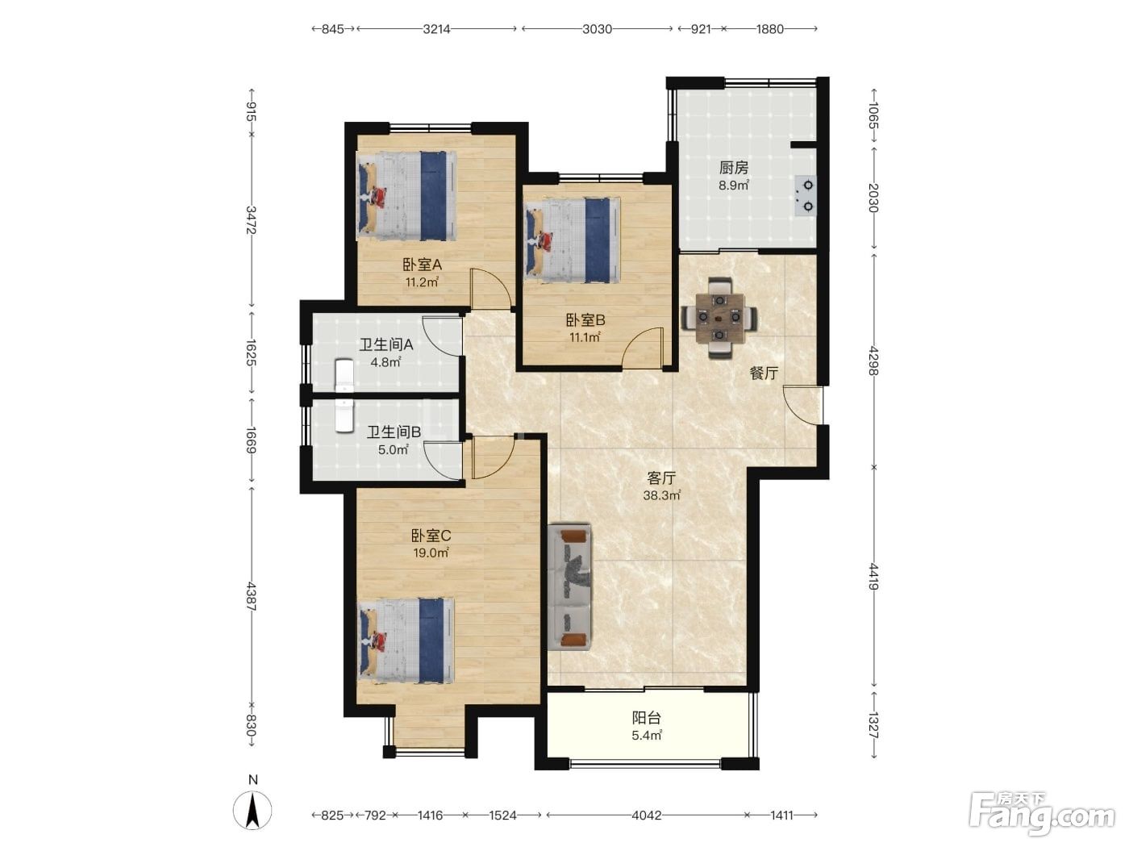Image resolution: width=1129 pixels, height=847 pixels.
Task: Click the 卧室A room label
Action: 422,265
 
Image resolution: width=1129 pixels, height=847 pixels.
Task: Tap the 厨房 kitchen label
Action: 734,168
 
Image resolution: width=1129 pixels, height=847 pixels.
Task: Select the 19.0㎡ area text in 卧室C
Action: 431,553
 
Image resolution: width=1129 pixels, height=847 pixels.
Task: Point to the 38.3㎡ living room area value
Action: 661,495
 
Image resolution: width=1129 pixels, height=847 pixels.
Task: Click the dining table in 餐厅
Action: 719,318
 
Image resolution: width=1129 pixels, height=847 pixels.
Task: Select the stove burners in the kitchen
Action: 805,195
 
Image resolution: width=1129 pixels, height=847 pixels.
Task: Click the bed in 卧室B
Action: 572,240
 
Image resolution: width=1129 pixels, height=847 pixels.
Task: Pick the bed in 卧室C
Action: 406,640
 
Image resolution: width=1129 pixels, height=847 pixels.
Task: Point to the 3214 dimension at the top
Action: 437,29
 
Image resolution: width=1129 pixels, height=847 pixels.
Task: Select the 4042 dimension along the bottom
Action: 647,815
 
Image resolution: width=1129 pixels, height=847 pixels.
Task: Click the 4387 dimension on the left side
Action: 251,596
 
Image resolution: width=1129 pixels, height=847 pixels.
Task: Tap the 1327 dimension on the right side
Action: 873,726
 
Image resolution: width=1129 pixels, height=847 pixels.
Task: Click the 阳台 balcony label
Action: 646,717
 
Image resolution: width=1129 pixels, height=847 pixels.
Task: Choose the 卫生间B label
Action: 394,432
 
